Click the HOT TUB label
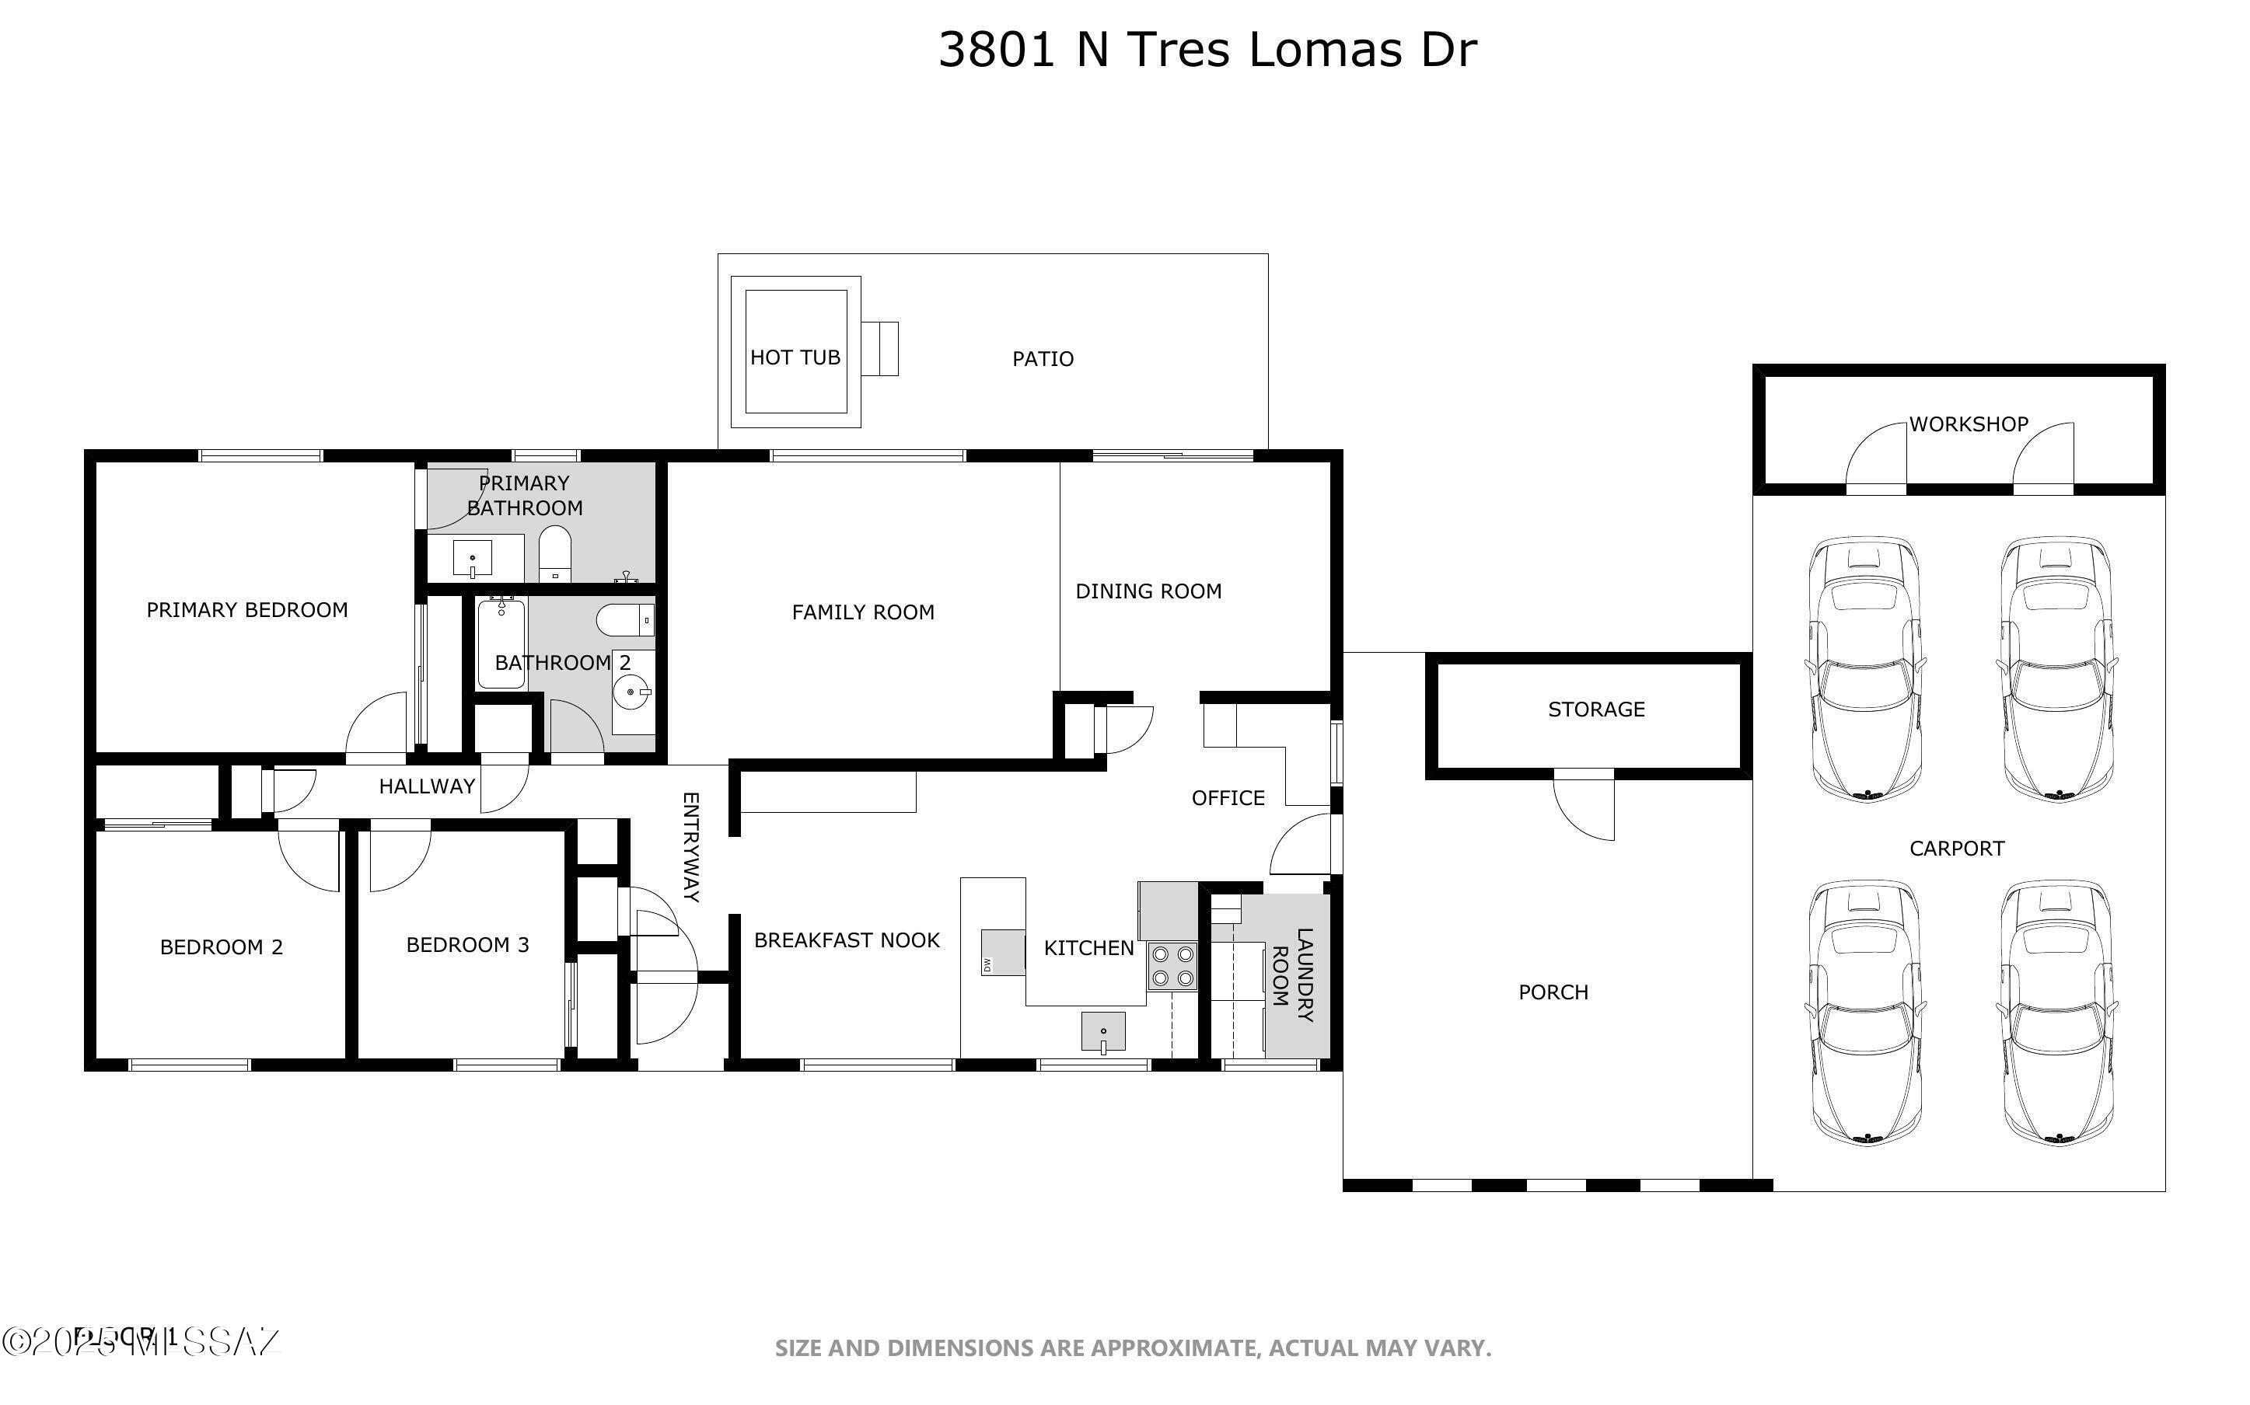click(795, 357)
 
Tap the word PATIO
click(1042, 359)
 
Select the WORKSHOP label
click(1968, 424)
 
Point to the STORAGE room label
click(1595, 709)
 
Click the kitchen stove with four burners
click(1171, 965)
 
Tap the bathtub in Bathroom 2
click(501, 643)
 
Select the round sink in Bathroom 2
click(632, 692)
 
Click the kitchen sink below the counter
click(1102, 1031)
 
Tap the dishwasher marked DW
click(989, 964)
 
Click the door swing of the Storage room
click(1584, 807)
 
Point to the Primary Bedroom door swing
click(377, 725)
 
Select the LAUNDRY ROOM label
click(1292, 976)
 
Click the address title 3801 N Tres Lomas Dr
click(1207, 49)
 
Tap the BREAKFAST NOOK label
click(846, 940)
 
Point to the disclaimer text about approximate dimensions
click(1132, 1347)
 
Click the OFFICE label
click(1227, 797)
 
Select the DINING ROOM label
click(1148, 591)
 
